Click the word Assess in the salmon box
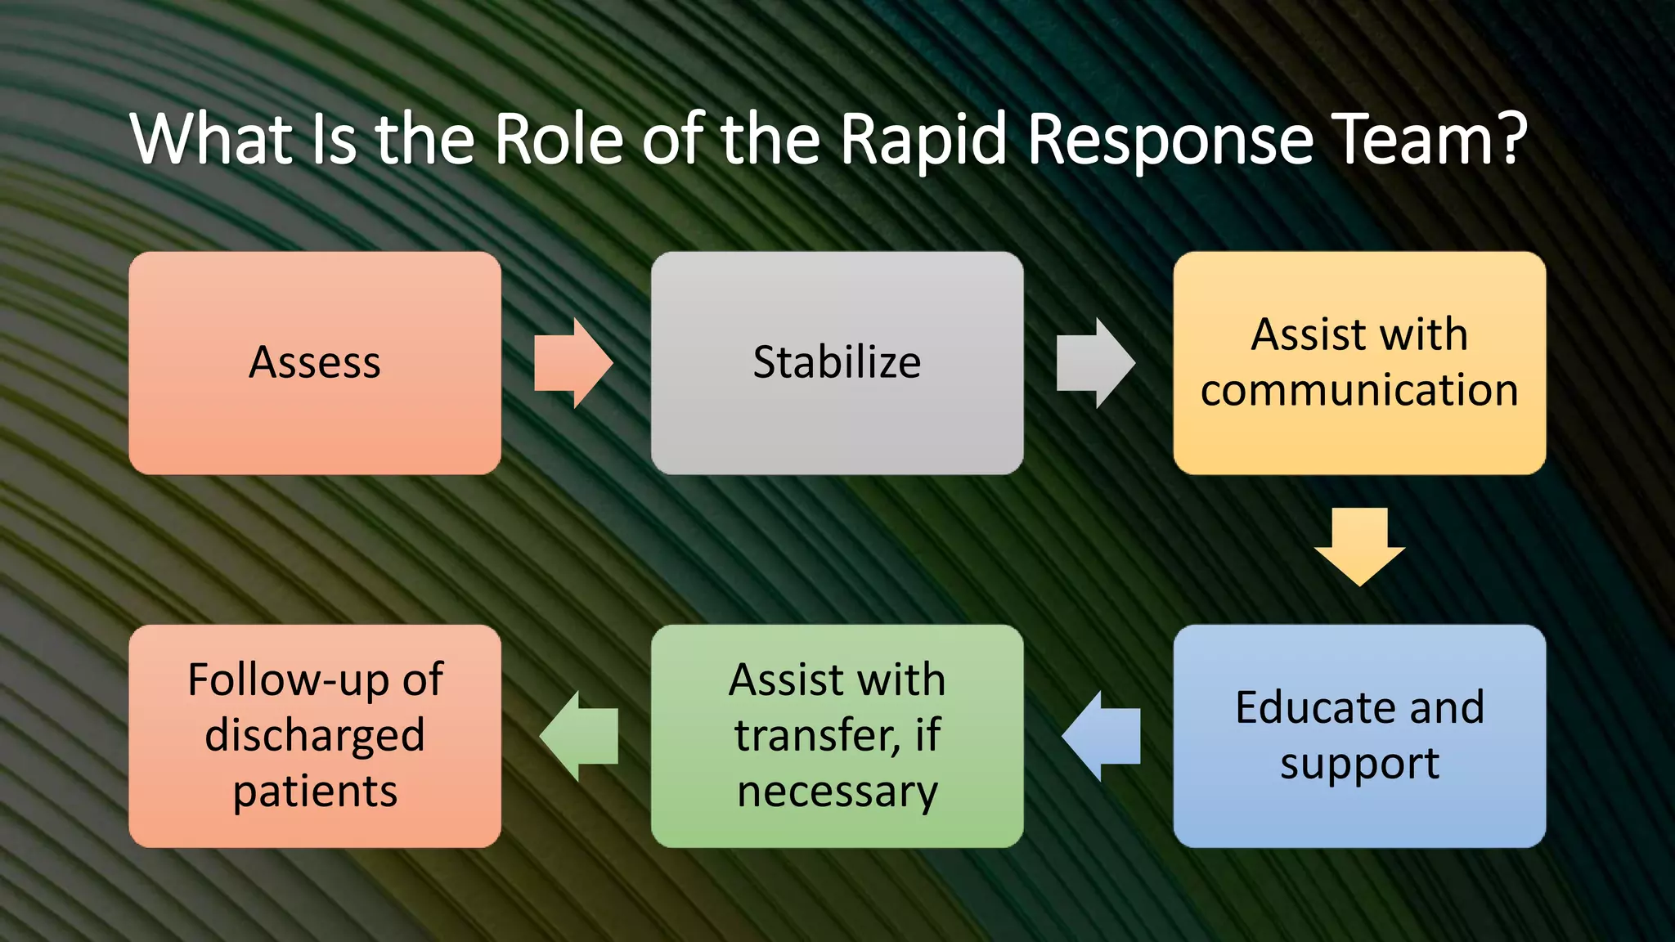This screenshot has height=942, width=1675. pos(315,362)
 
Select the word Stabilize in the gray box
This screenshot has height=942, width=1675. pos(837,362)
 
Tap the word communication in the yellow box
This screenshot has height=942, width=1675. pos(1359,390)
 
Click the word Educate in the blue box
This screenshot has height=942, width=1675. pos(1306,707)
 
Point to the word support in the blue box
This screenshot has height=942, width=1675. pos(1359,765)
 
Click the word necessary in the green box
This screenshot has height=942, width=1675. pos(837,792)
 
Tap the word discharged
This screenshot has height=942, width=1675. pos(315,735)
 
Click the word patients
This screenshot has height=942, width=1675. pos(315,792)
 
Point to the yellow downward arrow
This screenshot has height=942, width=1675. pos(1359,546)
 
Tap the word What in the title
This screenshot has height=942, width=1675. pos(212,139)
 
